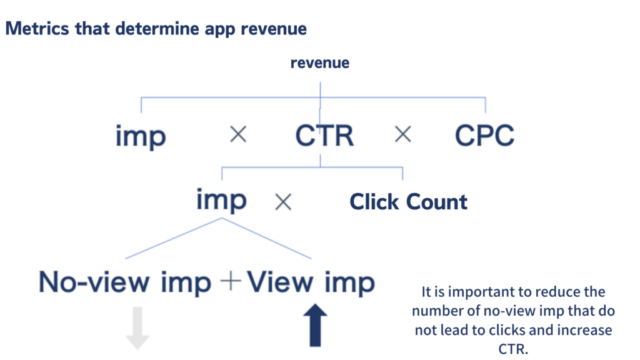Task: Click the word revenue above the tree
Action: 320,63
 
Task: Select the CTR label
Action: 324,136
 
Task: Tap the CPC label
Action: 484,136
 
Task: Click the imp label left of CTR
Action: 141,137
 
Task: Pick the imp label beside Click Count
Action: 221,201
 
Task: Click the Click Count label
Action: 408,202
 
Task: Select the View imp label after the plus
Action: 311,282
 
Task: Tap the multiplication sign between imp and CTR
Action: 237,134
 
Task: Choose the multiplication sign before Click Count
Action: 283,201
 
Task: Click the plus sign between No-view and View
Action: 231,282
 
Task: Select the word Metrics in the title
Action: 32,29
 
